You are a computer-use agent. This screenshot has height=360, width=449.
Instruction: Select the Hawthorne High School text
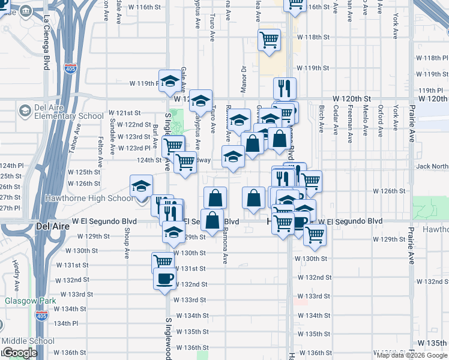coord(96,199)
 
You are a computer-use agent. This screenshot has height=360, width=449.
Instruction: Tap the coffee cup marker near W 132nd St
coord(164,278)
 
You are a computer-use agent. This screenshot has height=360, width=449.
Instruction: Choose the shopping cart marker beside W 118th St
coord(269,40)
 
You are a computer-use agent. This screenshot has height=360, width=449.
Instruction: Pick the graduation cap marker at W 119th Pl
coord(170,80)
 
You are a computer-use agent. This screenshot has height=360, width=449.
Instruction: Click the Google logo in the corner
coord(19,353)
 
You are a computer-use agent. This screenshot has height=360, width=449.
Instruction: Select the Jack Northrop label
coord(432,166)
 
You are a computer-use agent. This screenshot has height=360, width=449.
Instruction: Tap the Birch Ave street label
coord(321,119)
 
